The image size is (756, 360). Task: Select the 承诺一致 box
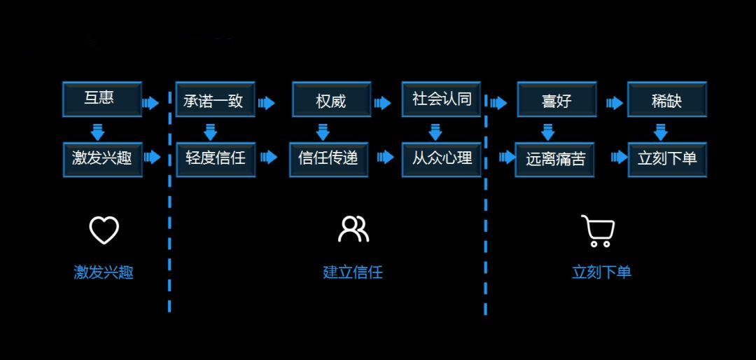[214, 100]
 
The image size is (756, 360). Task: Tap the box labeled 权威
[331, 100]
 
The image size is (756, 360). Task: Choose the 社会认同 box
[441, 99]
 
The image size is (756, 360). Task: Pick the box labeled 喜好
[556, 100]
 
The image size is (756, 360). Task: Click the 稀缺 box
[666, 100]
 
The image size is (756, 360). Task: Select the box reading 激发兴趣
[102, 158]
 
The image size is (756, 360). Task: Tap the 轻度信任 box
[216, 158]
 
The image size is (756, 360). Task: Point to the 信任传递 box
[328, 158]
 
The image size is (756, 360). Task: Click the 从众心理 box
[441, 158]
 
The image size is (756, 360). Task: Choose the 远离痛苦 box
[555, 159]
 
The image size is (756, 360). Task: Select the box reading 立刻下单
[667, 159]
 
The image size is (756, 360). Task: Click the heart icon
[104, 230]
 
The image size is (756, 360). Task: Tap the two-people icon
[353, 229]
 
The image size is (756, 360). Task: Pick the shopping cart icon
[598, 231]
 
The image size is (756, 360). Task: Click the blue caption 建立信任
[353, 272]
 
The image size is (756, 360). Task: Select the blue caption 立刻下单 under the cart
[601, 272]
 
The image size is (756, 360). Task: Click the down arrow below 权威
[323, 131]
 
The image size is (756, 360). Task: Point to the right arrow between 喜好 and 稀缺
[615, 103]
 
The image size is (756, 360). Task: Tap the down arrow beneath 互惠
[98, 131]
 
